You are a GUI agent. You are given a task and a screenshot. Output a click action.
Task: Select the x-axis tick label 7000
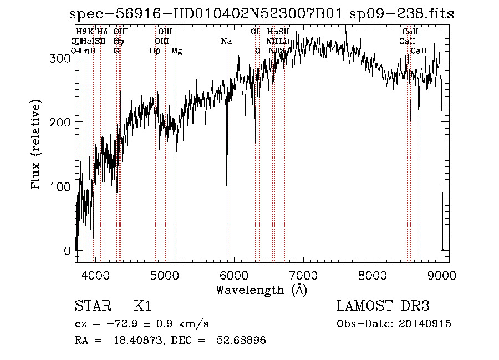pyautogui.click(x=303, y=275)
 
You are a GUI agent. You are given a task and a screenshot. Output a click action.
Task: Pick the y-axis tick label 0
pyautogui.click(x=68, y=251)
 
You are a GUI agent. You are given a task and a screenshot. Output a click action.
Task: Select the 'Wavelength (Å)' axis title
pyautogui.click(x=261, y=290)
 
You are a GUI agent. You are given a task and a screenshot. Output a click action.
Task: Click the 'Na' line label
pyautogui.click(x=226, y=42)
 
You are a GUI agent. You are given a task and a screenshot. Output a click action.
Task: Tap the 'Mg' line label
pyautogui.click(x=176, y=51)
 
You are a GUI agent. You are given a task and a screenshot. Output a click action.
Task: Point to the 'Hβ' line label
pyautogui.click(x=155, y=51)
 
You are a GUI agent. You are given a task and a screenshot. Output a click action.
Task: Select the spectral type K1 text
pyautogui.click(x=142, y=307)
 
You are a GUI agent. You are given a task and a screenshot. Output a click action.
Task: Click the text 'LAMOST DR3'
pyautogui.click(x=383, y=307)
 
